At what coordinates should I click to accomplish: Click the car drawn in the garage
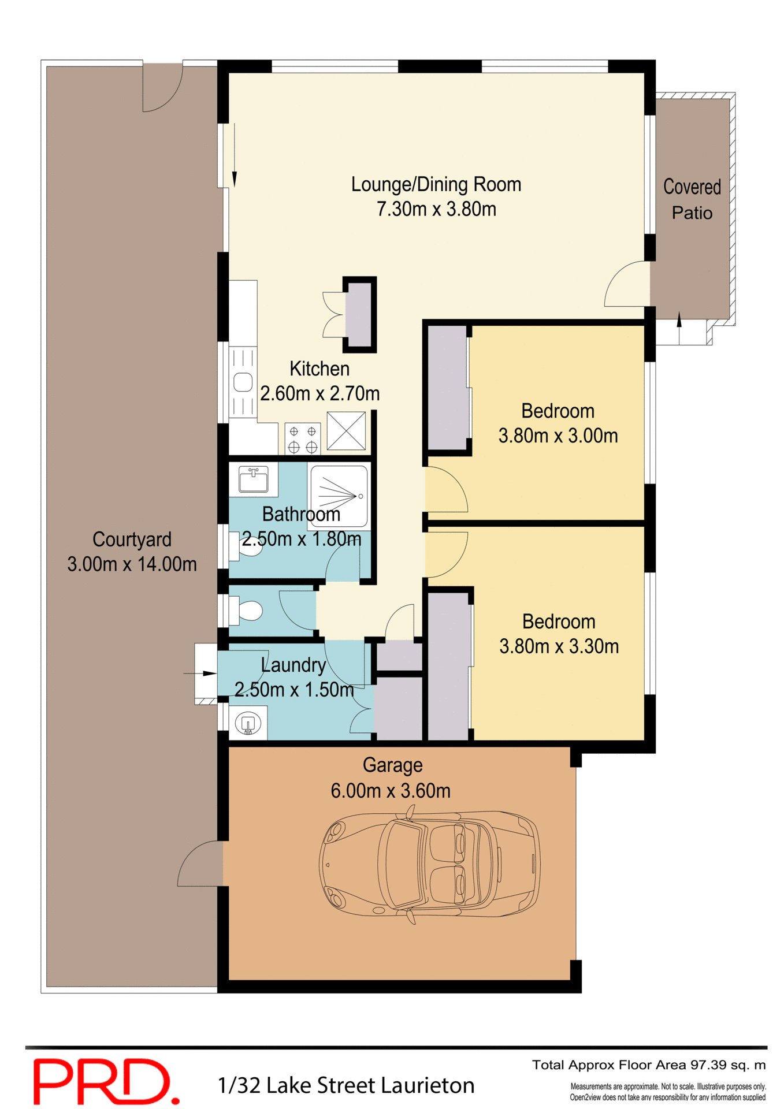coord(429,865)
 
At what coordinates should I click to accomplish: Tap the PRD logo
coord(106,1081)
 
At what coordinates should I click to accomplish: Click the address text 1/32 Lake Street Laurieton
coord(345,1085)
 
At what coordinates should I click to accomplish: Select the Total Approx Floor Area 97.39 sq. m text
coord(648,1065)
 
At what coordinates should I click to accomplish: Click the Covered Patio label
coord(692,199)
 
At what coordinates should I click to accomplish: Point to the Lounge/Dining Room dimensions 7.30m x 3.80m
coord(436,209)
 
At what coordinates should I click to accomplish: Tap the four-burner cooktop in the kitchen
coord(302,439)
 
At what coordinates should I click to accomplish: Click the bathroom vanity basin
coord(253,479)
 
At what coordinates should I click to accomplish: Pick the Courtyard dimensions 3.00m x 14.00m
coord(132,564)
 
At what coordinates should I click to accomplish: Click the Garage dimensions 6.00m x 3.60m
coord(391,790)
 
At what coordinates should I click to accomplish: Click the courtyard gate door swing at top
coord(162,88)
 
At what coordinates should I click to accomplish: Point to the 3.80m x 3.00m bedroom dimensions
coord(558,436)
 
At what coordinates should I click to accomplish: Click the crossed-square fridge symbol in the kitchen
coord(346,430)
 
